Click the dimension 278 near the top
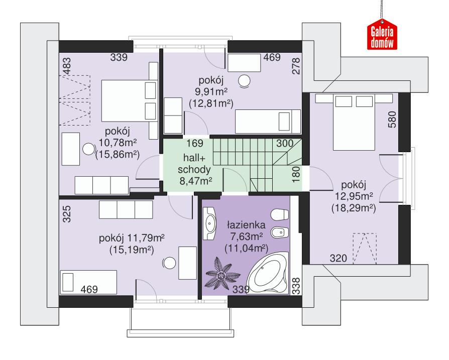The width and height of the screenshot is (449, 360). pyautogui.click(x=296, y=66)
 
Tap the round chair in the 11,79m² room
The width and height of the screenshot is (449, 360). pyautogui.click(x=169, y=262)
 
